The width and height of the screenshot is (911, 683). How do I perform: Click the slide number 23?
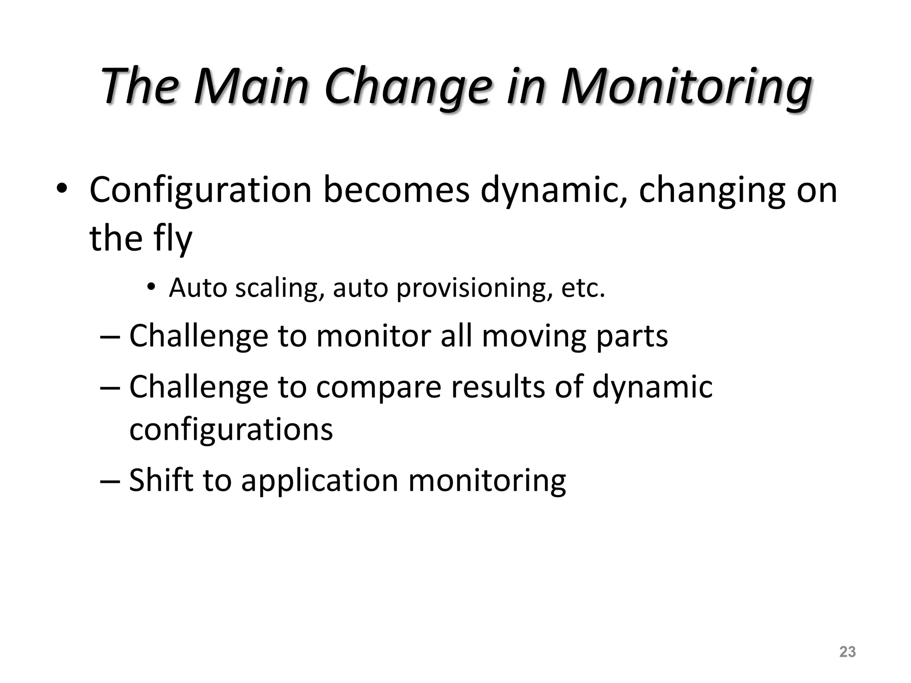[847, 651]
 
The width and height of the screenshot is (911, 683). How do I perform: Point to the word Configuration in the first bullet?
[201, 190]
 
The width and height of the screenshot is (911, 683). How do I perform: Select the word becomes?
[396, 190]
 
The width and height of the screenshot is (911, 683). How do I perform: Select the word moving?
[534, 336]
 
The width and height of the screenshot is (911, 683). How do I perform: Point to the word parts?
[632, 336]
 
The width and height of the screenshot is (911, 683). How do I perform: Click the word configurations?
[231, 430]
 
